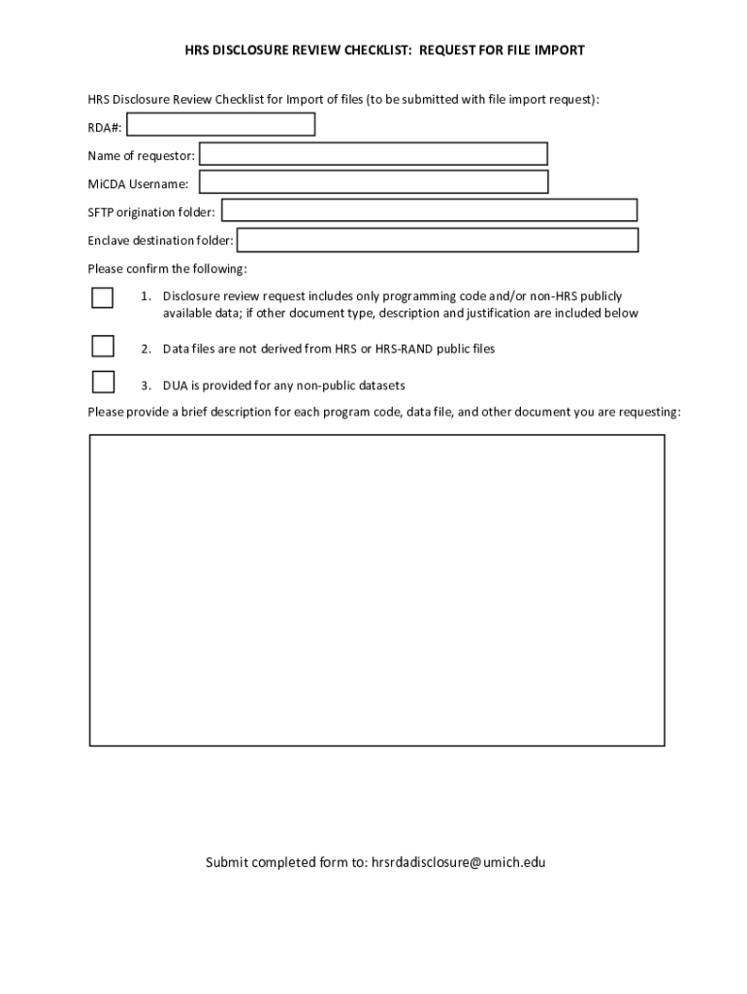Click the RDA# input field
pos(221,124)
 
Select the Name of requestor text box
pos(373,154)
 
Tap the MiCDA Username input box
pos(373,182)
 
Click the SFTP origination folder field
pos(429,211)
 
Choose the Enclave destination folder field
pos(438,240)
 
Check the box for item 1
pos(102,297)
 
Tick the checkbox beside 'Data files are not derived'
pos(102,347)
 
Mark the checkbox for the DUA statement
pos(102,382)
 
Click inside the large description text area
pos(376,590)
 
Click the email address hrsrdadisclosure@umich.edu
pos(458,862)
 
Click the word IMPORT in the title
pos(562,50)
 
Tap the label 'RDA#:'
pos(105,127)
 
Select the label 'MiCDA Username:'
pos(138,184)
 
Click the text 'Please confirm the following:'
pos(167,269)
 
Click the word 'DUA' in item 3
pos(175,385)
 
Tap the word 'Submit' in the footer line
pos(226,862)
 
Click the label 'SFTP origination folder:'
pos(151,213)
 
